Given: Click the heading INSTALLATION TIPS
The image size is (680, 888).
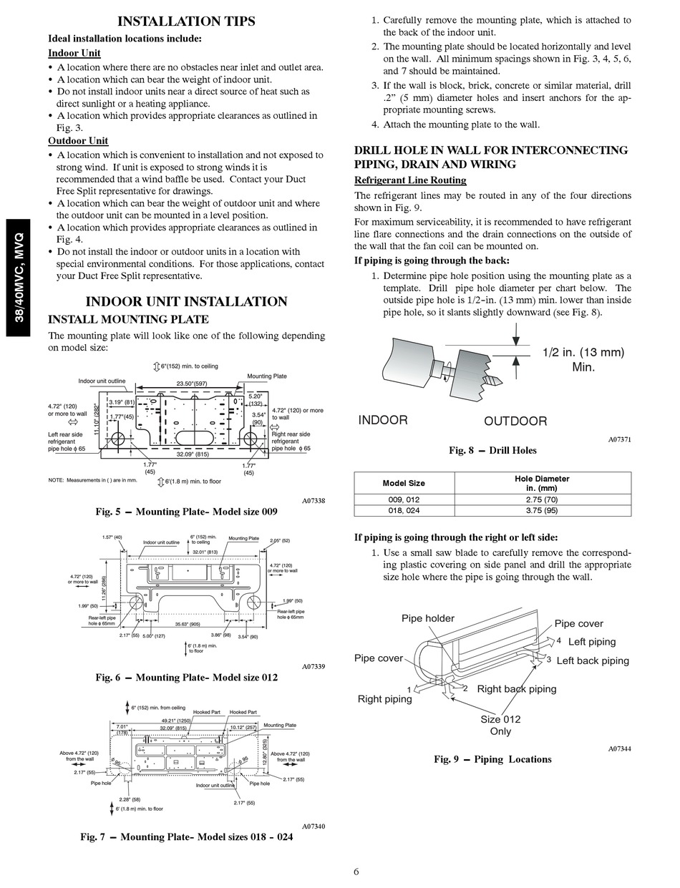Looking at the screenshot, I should tap(186, 21).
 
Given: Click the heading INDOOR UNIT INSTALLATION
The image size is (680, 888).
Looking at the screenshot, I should tap(186, 301).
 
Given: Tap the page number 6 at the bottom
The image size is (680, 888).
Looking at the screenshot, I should tap(356, 871).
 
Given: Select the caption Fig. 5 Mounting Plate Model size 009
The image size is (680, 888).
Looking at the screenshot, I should tap(186, 512).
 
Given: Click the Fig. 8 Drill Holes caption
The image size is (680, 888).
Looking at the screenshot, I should tap(492, 450).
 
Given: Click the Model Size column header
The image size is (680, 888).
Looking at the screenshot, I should tap(404, 483).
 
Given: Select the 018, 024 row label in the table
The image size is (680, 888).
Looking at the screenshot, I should tap(404, 511).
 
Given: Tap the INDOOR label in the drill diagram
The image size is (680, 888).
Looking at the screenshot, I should tap(383, 420).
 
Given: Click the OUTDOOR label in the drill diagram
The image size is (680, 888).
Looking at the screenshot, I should tap(515, 421).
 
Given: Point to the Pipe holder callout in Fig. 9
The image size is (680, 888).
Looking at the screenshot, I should tap(428, 618).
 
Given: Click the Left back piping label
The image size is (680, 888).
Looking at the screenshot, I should tap(593, 660).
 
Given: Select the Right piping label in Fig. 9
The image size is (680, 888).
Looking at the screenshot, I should tap(385, 699).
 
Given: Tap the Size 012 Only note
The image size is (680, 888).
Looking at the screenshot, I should tap(500, 725).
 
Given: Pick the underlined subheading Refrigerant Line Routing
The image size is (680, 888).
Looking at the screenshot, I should tap(410, 180).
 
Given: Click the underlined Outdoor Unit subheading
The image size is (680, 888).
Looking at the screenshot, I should tap(78, 141).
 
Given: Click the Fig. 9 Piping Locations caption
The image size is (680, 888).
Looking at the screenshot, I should tap(492, 759).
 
